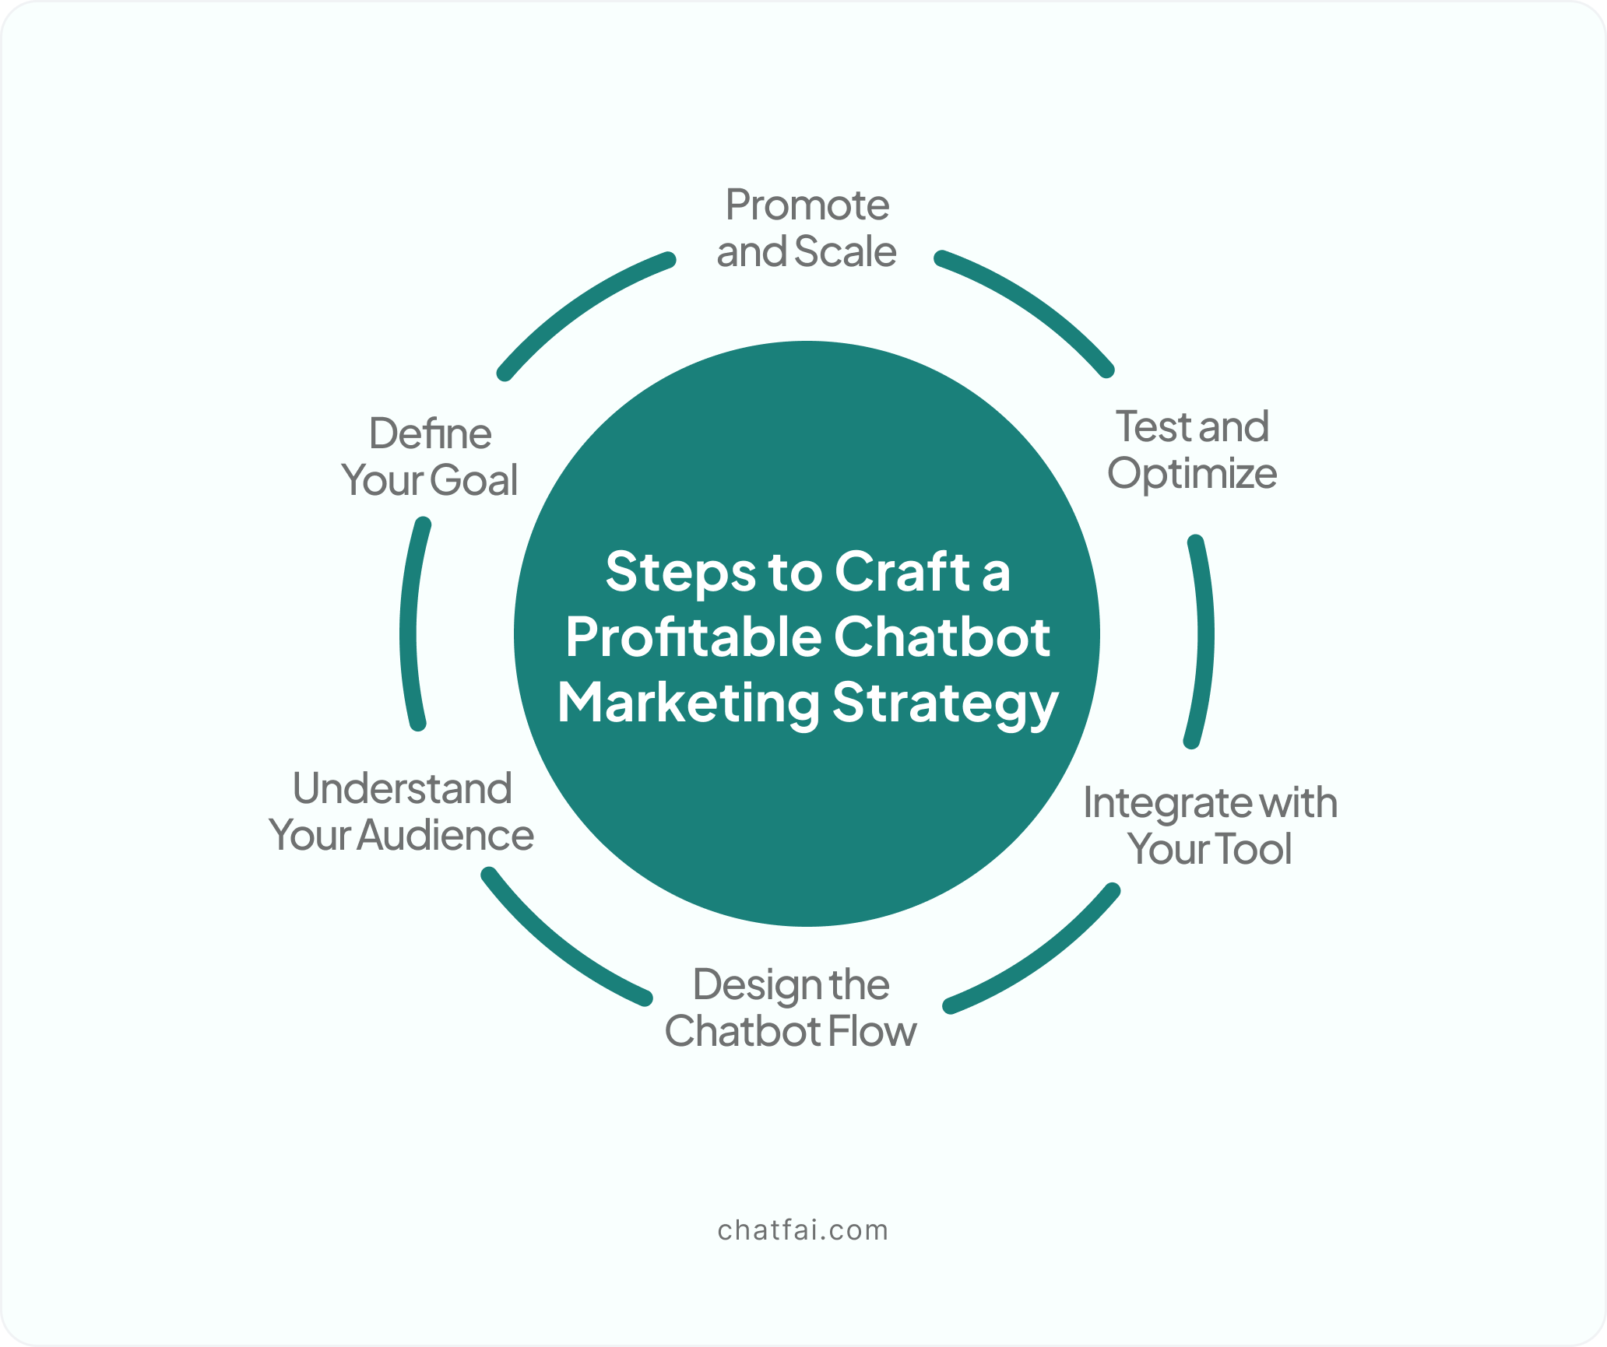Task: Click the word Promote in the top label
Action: click(x=807, y=205)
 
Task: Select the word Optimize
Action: click(x=1192, y=475)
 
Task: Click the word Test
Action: click(x=1154, y=426)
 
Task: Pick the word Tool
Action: click(x=1252, y=849)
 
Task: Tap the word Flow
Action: click(x=872, y=1032)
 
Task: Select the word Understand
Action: click(x=403, y=788)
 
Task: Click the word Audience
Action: click(x=446, y=836)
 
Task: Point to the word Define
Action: click(x=431, y=433)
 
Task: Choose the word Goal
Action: click(x=473, y=480)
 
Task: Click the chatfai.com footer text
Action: click(x=803, y=1230)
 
